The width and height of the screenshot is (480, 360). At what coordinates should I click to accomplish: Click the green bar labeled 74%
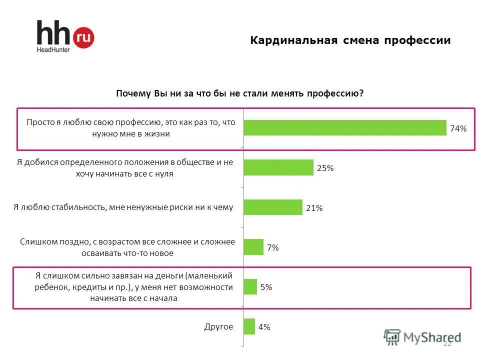344,128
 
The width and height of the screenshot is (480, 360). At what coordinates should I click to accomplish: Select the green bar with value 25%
278,167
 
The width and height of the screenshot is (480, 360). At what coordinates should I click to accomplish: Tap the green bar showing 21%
272,207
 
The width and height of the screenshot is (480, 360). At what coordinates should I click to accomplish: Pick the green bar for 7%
253,247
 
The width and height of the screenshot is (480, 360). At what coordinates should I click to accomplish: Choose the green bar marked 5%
250,287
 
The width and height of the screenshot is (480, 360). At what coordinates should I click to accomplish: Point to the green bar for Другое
249,326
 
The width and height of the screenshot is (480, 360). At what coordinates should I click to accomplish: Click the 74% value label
458,128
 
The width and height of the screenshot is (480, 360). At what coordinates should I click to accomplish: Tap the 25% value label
325,168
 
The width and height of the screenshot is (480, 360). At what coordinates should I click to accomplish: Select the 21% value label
314,208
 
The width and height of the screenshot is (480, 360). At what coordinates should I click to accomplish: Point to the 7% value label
272,248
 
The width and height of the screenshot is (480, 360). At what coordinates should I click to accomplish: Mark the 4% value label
264,327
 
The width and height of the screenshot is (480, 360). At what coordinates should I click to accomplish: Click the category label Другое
218,326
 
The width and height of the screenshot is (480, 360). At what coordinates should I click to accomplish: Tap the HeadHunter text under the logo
53,49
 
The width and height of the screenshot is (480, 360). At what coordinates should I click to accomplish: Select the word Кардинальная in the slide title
286,40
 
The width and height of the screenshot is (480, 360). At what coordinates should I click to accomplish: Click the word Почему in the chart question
130,94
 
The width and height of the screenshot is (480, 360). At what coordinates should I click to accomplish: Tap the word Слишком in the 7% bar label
36,242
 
